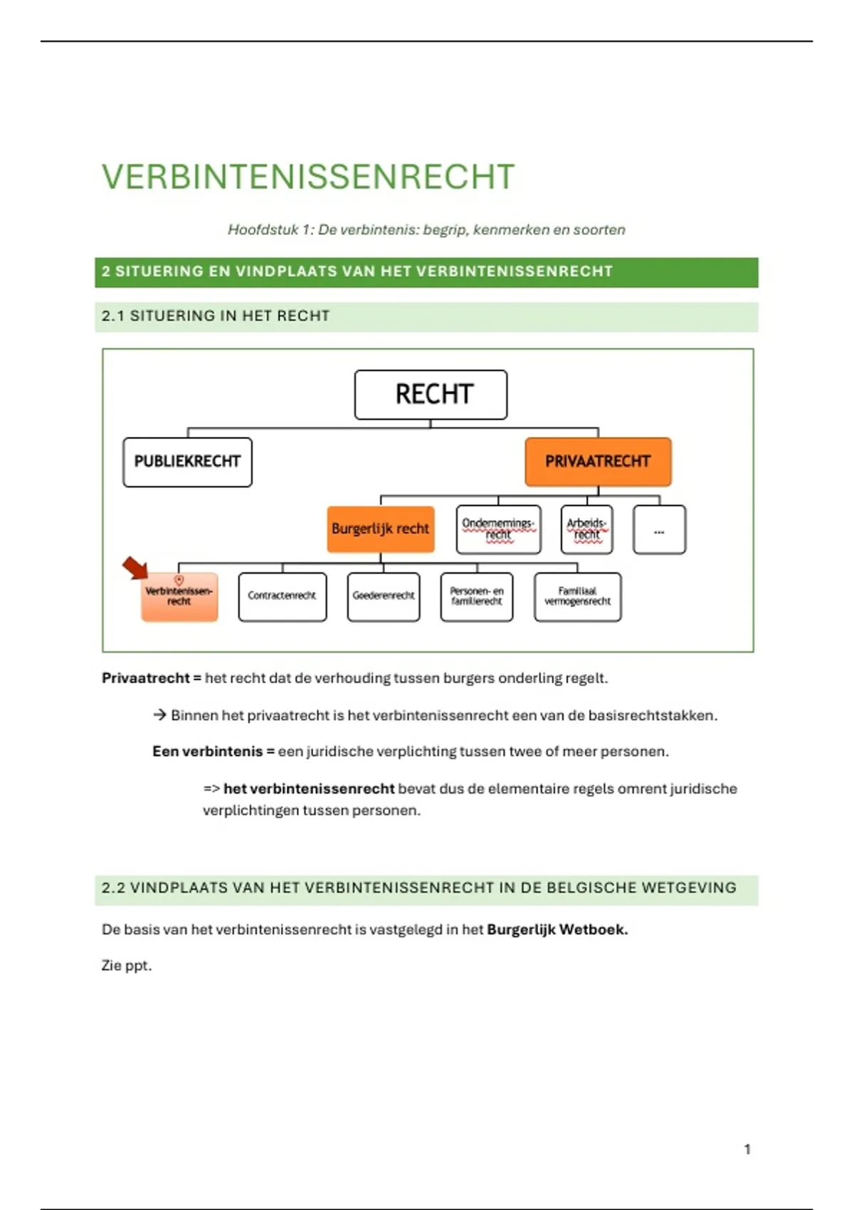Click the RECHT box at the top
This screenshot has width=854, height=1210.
(431, 394)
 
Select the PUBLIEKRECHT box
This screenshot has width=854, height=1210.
(187, 462)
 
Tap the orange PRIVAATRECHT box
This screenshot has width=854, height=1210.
(598, 462)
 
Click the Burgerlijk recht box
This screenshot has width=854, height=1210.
(381, 529)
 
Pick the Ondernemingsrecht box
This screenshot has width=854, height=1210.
(498, 529)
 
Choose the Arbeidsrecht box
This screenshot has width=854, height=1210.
(586, 529)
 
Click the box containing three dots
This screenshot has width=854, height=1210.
(659, 530)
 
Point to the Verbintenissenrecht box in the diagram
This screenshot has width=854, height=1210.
(179, 597)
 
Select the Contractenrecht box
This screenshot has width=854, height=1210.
(282, 596)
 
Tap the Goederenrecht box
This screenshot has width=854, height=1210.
(384, 596)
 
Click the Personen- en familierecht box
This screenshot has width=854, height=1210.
(476, 596)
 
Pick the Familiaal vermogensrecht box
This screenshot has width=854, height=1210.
(577, 596)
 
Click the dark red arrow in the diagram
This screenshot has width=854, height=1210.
(135, 568)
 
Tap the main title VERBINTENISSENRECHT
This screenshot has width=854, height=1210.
(308, 177)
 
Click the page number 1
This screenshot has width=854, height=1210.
(747, 1149)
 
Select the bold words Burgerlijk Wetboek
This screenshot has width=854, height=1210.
(557, 930)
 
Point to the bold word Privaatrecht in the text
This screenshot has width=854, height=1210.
(146, 678)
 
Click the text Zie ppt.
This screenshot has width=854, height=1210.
(127, 966)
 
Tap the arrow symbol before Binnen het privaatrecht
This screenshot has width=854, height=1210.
(159, 715)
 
